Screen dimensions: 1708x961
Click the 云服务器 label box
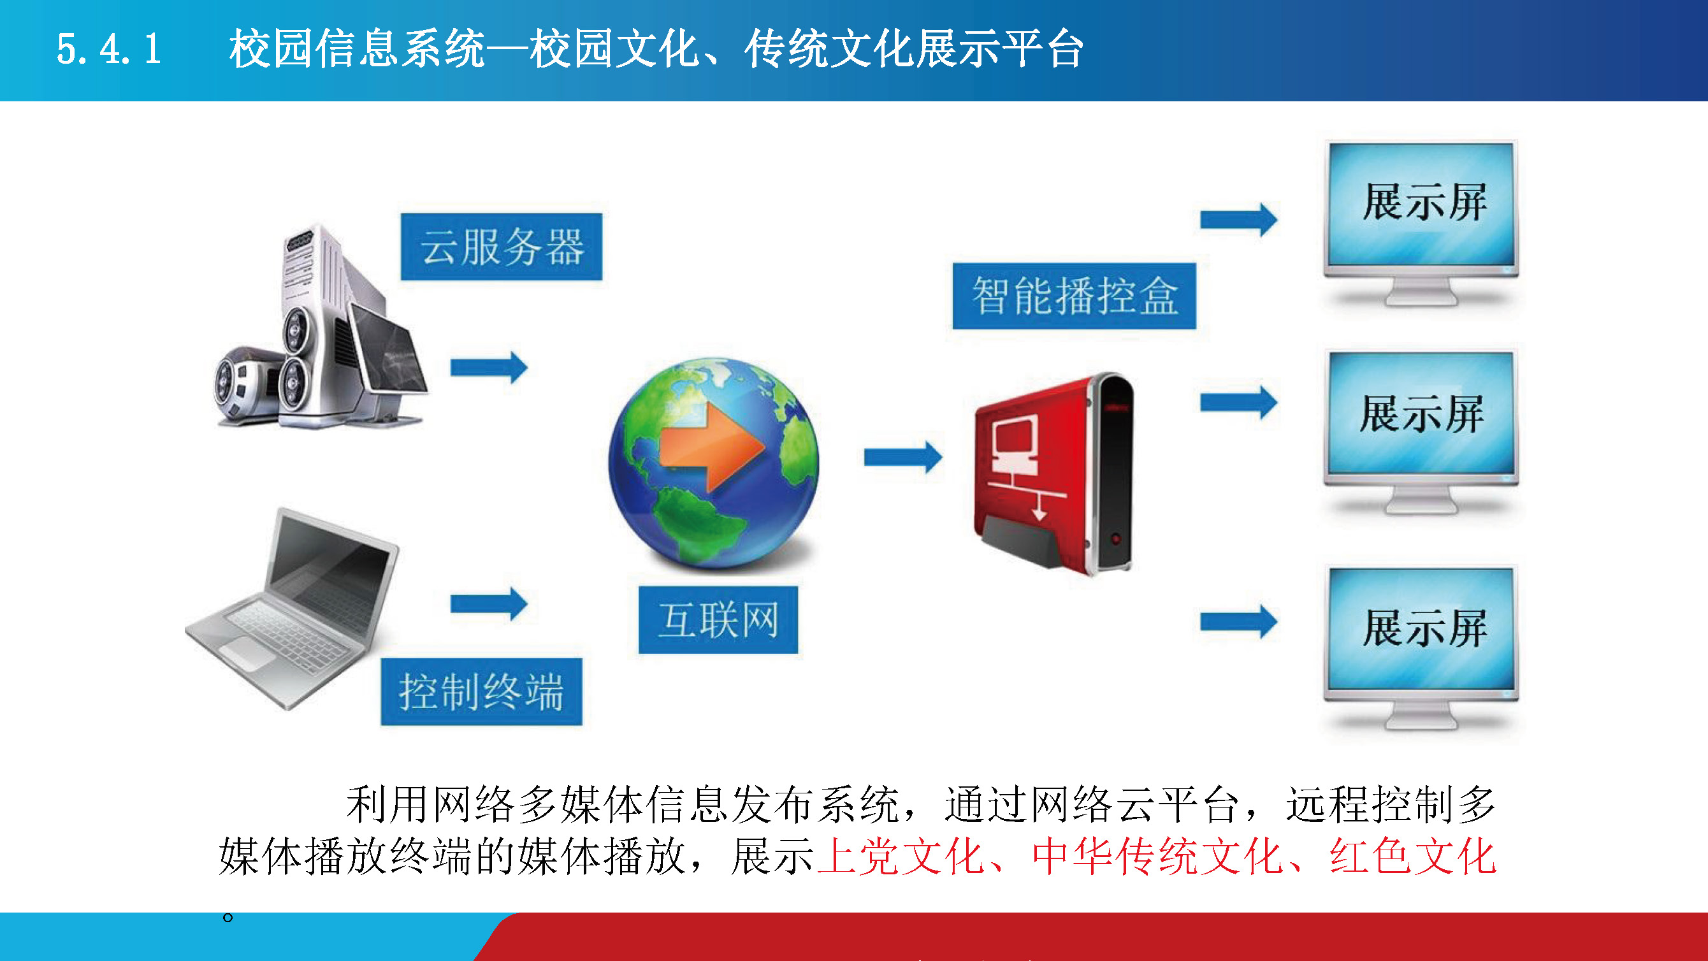[x=502, y=247]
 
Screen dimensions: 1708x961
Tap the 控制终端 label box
[x=481, y=691]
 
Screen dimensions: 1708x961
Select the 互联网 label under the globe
[x=718, y=620]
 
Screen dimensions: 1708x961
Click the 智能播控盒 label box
[x=1074, y=296]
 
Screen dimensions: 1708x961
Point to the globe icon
[x=714, y=463]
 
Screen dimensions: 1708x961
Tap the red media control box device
[x=1053, y=473]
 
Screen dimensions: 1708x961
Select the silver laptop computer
[x=292, y=609]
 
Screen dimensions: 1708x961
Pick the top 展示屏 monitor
[x=1421, y=223]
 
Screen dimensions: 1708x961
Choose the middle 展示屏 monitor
[x=1421, y=433]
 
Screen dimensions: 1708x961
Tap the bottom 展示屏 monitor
[x=1421, y=648]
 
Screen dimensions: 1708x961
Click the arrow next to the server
[x=489, y=367]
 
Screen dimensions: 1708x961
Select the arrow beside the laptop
[x=489, y=603]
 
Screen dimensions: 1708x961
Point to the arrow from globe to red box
[x=903, y=457]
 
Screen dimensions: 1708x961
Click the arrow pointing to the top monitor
[x=1238, y=219]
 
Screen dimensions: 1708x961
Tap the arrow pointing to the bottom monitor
[x=1238, y=621]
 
